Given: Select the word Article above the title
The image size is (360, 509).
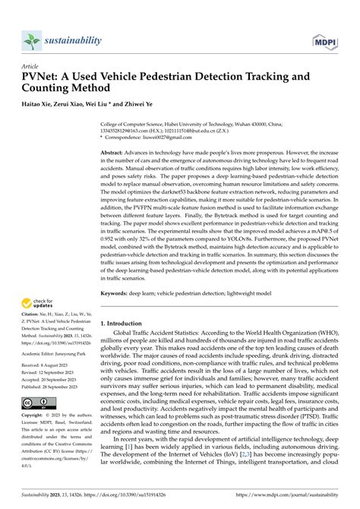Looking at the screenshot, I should pos(31,65).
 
